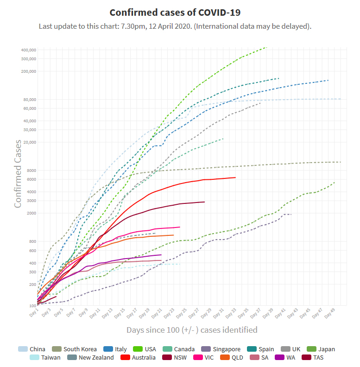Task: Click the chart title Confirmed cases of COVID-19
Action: (x=175, y=12)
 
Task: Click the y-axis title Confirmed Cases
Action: (x=18, y=174)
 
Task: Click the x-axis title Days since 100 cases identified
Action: (x=192, y=330)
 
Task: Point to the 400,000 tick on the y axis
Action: (x=28, y=50)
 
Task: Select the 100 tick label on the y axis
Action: (x=32, y=306)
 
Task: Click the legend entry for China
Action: (x=32, y=349)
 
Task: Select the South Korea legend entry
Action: (x=74, y=349)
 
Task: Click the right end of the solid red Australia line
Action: (x=235, y=177)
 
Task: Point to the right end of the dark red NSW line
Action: (x=204, y=202)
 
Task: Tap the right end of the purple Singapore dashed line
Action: (x=291, y=214)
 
